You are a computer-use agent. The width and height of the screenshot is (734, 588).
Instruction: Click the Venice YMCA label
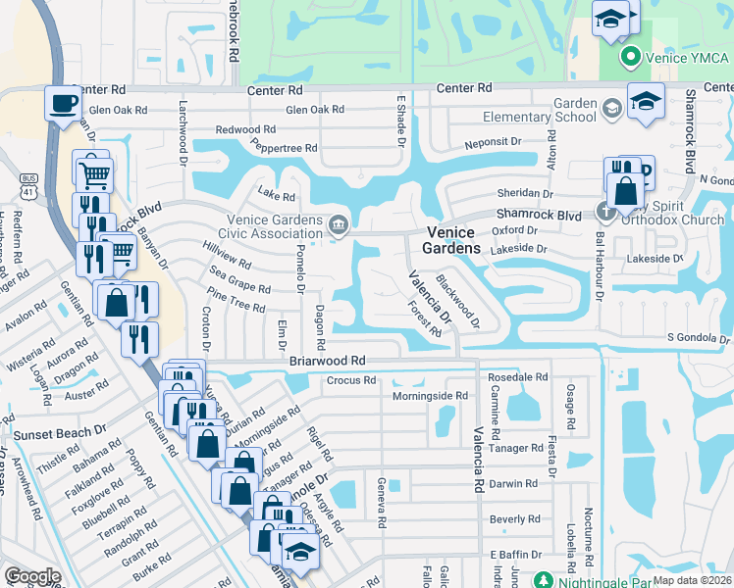tap(687, 57)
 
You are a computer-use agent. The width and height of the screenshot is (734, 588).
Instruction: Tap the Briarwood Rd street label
tap(328, 361)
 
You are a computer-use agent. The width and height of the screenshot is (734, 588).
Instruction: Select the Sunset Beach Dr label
tap(59, 431)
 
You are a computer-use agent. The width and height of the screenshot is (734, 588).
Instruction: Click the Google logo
tap(32, 576)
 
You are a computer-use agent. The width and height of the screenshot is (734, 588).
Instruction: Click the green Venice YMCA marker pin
tap(632, 57)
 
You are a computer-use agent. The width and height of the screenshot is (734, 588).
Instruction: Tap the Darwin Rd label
tap(514, 483)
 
